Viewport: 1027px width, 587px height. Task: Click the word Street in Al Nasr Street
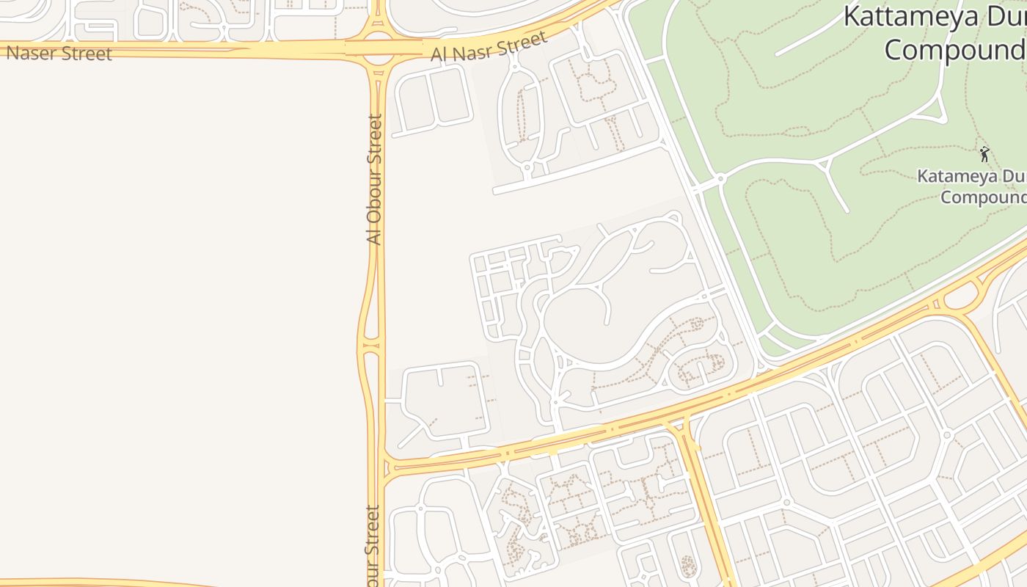click(522, 43)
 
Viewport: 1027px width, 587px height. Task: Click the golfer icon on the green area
click(984, 154)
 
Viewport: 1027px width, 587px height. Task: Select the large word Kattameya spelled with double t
click(910, 16)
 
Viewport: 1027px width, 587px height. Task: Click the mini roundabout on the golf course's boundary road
click(721, 178)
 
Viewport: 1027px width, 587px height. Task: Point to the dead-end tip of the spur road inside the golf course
click(847, 211)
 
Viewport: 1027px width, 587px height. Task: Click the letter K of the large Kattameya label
click(852, 16)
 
